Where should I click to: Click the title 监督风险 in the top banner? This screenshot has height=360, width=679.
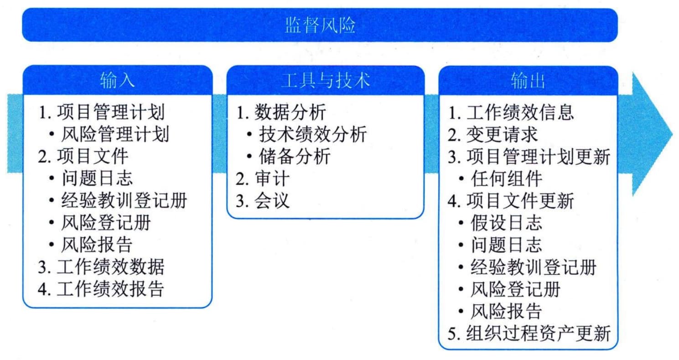click(320, 25)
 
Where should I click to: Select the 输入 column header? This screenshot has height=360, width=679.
click(117, 81)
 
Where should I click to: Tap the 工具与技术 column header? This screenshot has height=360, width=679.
click(326, 81)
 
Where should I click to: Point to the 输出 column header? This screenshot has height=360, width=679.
click(528, 81)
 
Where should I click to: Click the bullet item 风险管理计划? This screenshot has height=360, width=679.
click(115, 134)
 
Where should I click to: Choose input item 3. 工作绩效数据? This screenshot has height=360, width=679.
click(101, 267)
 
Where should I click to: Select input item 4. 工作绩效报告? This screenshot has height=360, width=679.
click(101, 289)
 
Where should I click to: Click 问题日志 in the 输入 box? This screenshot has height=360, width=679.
click(97, 178)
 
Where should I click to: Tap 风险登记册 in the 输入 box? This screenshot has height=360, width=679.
click(106, 222)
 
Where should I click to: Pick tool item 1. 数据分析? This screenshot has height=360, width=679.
click(281, 112)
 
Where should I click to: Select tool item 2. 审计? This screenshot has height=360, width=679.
click(263, 178)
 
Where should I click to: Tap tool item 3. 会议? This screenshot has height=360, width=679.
click(263, 200)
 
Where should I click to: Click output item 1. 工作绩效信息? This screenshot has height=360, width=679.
click(511, 112)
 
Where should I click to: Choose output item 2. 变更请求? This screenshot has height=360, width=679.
click(492, 134)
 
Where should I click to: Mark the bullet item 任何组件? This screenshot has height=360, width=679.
click(506, 178)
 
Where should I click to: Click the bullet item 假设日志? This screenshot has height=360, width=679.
click(506, 223)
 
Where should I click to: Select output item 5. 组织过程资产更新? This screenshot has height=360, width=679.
click(529, 333)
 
